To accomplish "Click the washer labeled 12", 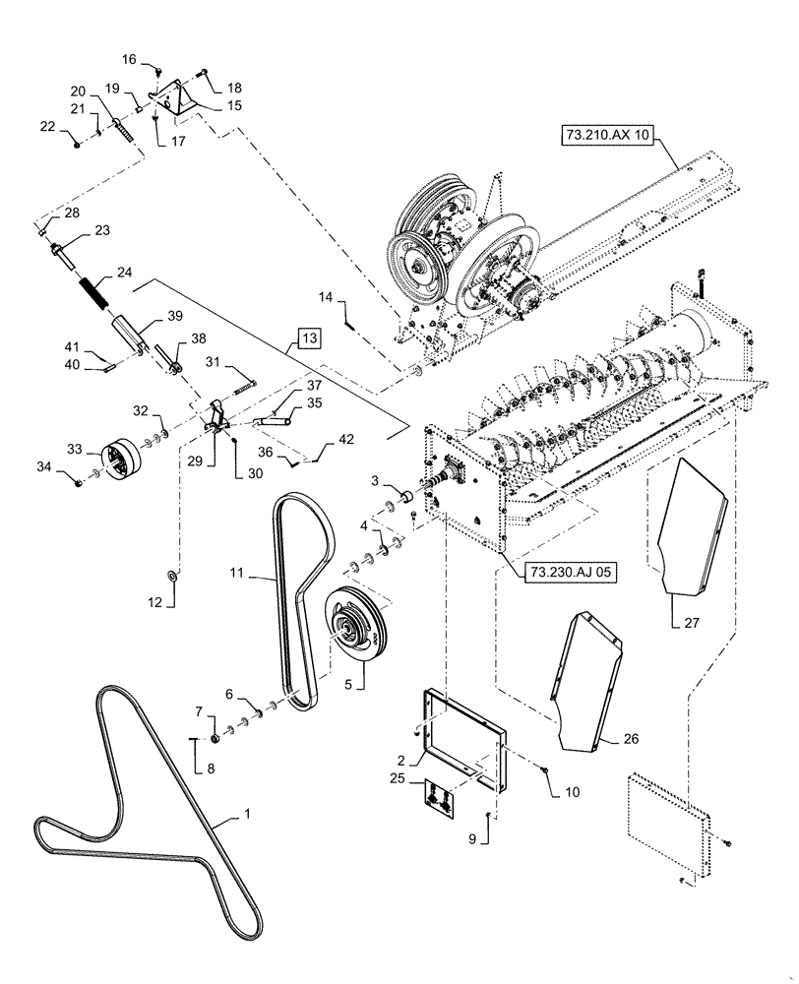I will (x=173, y=574).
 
